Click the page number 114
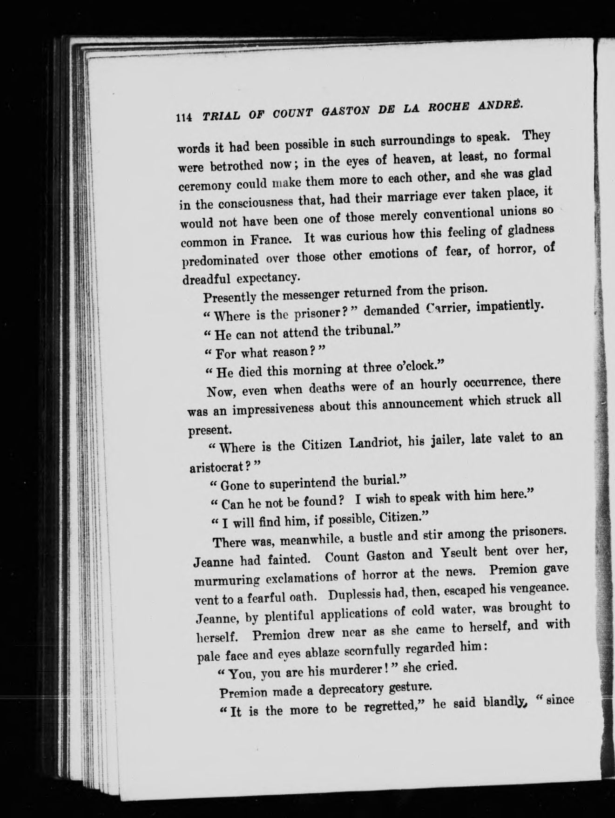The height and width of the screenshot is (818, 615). [183, 118]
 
